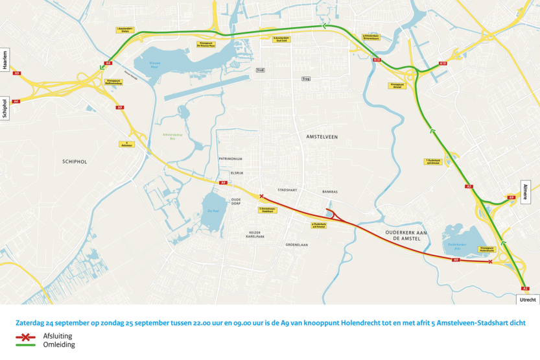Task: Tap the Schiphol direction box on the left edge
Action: (x=6, y=104)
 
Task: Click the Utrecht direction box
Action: (x=528, y=300)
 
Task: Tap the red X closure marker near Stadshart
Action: (x=261, y=196)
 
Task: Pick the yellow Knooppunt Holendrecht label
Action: (x=487, y=248)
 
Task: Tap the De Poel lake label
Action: (x=213, y=211)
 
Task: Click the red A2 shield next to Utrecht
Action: (x=525, y=288)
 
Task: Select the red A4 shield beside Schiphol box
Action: (x=16, y=101)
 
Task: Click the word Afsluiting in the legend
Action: (x=56, y=336)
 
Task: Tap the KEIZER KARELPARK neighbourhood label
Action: (x=256, y=234)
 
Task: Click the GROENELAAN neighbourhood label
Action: (x=296, y=245)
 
